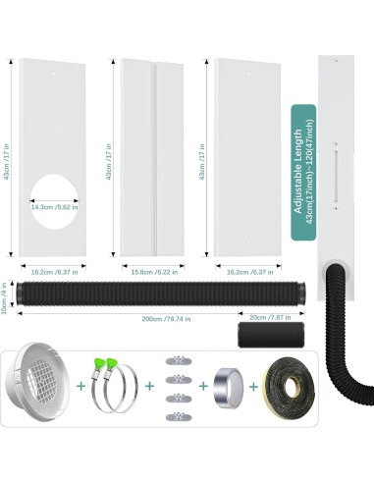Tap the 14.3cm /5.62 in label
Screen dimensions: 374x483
click(55, 208)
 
